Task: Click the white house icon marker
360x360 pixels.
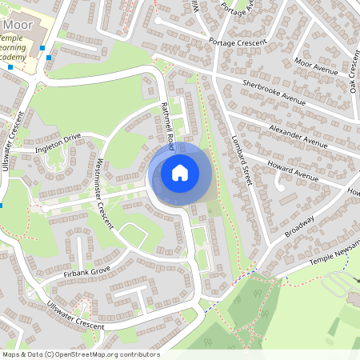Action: coord(180,172)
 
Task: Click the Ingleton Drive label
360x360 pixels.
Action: coord(58,142)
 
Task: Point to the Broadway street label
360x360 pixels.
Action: coord(300,225)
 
